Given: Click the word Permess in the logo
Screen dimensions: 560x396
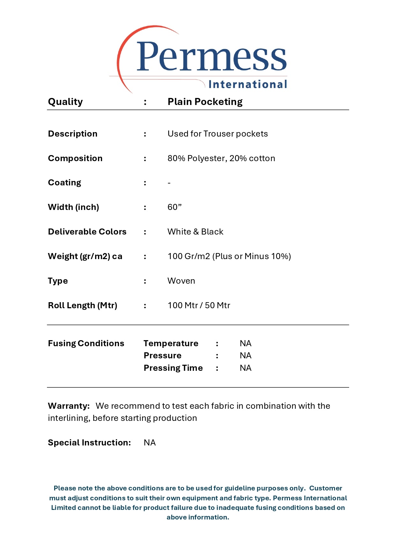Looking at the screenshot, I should (211, 57).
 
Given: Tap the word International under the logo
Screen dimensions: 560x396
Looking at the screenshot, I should (248, 84).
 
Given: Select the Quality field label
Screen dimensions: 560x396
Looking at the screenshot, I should (65, 102).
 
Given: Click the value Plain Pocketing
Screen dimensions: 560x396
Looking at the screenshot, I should (205, 102).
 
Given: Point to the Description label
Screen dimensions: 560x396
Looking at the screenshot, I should (72, 134).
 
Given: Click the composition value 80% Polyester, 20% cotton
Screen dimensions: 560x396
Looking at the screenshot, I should (221, 158).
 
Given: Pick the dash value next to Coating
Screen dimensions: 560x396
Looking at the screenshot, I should (169, 183).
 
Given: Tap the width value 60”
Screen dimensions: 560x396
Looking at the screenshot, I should (174, 207).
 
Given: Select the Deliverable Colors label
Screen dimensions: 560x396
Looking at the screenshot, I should (87, 232).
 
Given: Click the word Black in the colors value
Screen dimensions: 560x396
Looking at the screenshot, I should (212, 232).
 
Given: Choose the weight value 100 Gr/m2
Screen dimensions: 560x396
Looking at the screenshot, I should (189, 256).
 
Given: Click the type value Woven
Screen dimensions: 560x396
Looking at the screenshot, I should (181, 281).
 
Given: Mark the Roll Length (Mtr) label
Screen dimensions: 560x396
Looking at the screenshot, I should (82, 305).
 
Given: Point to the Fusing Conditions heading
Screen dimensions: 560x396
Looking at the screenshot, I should (86, 343).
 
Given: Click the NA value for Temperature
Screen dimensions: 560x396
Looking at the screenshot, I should (245, 343).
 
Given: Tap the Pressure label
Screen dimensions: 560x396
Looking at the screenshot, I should (162, 355).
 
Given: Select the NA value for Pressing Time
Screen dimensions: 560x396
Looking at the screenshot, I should (245, 368).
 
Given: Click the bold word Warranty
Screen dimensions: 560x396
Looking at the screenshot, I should (69, 406).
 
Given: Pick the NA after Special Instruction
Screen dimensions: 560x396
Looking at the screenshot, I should (150, 443).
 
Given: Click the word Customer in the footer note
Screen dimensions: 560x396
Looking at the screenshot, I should (325, 488).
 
